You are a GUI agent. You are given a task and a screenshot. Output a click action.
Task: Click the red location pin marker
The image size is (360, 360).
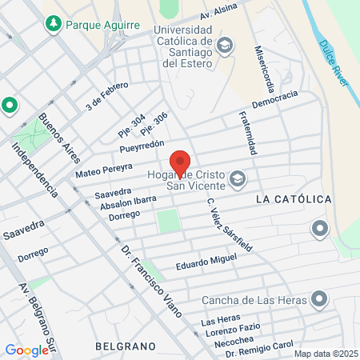[x=180, y=162]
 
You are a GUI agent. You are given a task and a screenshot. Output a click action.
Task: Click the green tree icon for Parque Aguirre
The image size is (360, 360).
[x=54, y=24]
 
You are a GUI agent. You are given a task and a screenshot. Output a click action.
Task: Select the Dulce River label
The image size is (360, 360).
[x=335, y=61]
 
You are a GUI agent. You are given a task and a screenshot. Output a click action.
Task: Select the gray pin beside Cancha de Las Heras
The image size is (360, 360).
[x=319, y=300]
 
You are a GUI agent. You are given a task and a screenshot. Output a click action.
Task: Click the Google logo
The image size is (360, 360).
[x=27, y=350]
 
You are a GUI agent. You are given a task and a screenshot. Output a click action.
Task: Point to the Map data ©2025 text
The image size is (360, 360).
[x=324, y=354]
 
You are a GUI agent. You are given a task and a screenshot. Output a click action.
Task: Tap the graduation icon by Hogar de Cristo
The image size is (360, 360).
[x=236, y=178]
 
